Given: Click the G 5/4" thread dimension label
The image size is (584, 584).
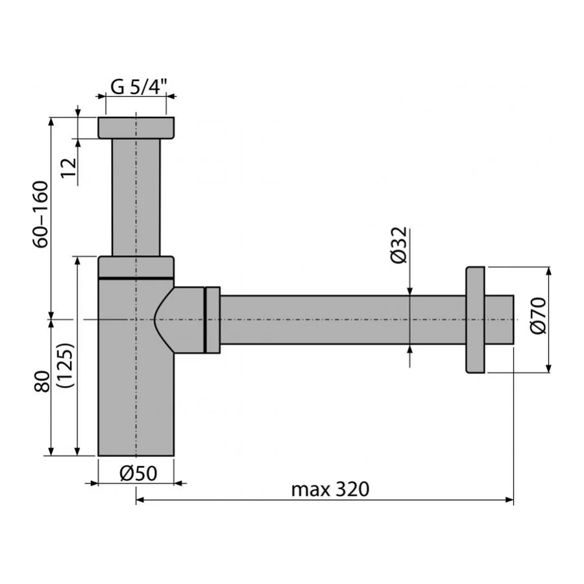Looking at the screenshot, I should coord(138,86).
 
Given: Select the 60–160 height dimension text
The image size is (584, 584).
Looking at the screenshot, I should coord(40,214).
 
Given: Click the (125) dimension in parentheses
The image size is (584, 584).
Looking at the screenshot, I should coord(66,365).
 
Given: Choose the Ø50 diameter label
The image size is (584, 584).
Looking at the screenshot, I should coord(138,474).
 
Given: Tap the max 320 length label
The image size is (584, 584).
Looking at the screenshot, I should coord(330,489).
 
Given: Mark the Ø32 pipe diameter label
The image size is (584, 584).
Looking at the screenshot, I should coord(398,245).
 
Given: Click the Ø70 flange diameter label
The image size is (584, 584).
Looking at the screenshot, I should coord(538,315).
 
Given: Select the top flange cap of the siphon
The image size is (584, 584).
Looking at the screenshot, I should coord(136,128).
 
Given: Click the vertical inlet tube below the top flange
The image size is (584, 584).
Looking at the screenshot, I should coord(136,198).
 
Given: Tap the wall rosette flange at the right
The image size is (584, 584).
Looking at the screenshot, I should coord(475,319).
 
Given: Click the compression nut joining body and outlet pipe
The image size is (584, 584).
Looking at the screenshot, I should coord(212,319).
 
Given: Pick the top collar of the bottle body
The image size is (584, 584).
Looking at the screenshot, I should coord(136,267).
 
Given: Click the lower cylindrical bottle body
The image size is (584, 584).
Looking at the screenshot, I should coord(130,402).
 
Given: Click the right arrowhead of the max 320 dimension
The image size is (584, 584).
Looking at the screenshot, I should coord(509,500).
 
